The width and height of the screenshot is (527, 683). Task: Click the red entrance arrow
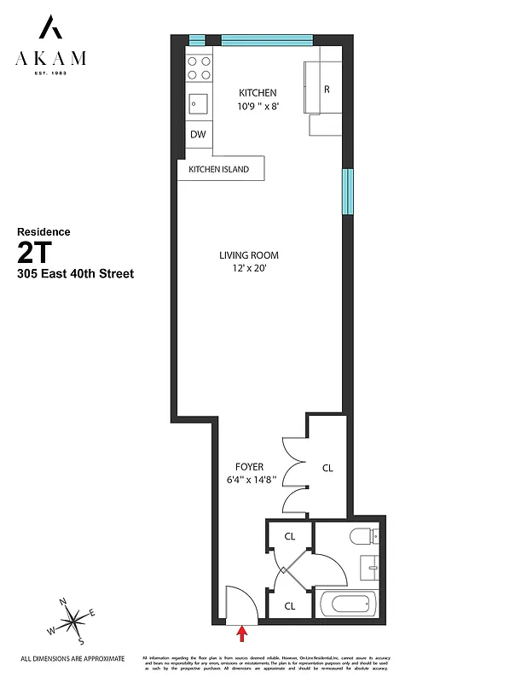(242, 633)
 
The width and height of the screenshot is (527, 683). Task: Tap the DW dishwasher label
(198, 135)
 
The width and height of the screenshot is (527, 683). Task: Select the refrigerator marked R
(327, 89)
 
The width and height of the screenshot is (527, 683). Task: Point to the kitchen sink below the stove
(199, 103)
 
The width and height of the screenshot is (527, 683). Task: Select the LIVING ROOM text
(249, 255)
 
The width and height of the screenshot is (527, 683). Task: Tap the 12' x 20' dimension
(249, 269)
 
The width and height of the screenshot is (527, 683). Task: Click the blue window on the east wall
(347, 192)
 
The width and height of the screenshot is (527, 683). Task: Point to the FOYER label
(250, 467)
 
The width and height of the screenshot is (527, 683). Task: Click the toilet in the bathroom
(362, 538)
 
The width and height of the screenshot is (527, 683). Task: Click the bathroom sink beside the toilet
(372, 566)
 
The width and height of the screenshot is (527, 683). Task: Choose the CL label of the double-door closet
(327, 468)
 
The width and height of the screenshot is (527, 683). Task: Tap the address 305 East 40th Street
(75, 274)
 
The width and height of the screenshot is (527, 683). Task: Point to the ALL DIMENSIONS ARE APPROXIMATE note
(72, 658)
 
